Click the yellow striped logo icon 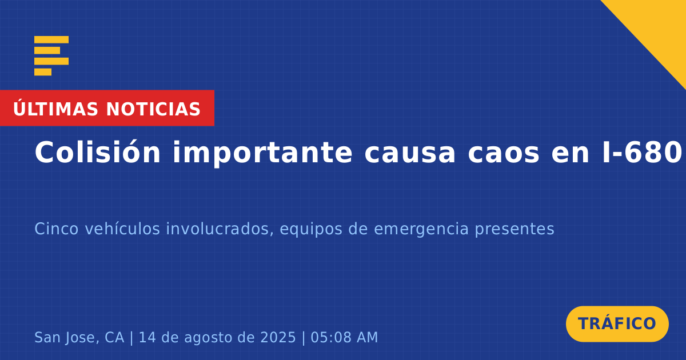point(51,56)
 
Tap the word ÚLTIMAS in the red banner point(55,109)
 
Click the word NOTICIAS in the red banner point(153,109)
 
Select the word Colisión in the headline point(97,152)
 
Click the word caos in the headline point(504,155)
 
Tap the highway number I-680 point(641,153)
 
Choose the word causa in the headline point(410,155)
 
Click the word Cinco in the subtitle point(57,229)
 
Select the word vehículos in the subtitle point(122,229)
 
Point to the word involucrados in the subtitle point(220,229)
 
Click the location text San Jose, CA point(79,338)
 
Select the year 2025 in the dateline point(278,337)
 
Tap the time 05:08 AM point(344,337)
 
